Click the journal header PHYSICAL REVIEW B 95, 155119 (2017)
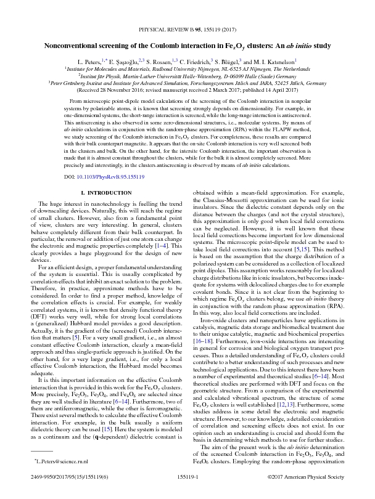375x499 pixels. (187, 29)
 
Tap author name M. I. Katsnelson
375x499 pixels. (274, 62)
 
